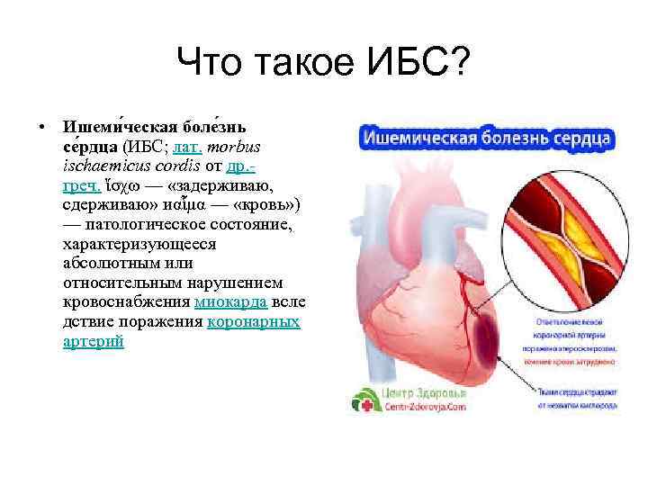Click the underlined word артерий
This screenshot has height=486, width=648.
[93, 341]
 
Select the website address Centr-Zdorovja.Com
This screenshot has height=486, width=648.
[424, 407]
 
